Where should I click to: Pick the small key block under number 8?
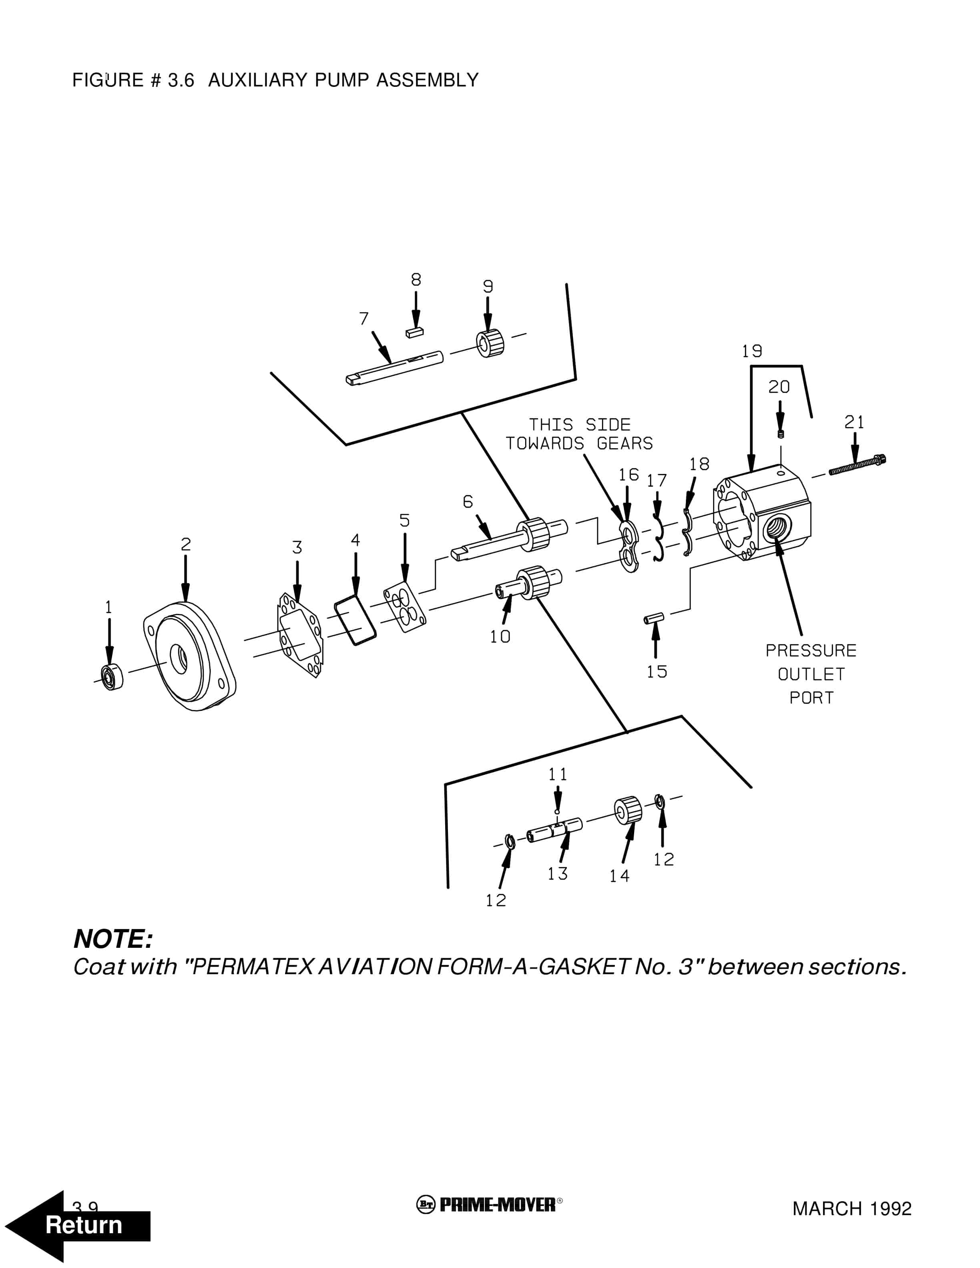414,333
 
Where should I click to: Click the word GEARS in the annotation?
625,443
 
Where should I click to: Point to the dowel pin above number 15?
654,618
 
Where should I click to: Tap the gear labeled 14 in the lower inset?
628,810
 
